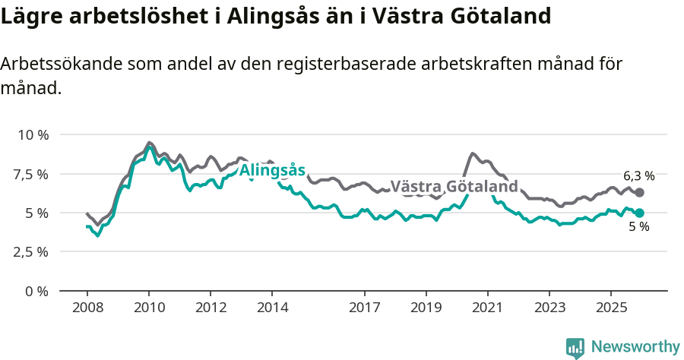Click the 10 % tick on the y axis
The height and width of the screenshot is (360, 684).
click(33, 135)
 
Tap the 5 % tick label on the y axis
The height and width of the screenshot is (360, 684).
click(37, 213)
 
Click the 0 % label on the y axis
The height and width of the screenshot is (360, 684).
click(37, 291)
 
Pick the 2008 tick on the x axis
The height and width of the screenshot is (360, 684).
click(87, 308)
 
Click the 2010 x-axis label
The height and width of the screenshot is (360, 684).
click(149, 308)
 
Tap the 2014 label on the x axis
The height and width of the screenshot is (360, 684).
click(272, 308)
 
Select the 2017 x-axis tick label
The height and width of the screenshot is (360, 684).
click(364, 308)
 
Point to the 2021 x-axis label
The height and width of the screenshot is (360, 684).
click(487, 308)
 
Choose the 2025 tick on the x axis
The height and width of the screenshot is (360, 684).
click(610, 308)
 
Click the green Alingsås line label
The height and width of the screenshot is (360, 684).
click(272, 170)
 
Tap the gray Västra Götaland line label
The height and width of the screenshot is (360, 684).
click(454, 187)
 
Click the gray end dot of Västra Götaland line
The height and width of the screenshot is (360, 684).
click(639, 193)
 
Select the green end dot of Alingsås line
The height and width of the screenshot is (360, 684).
click(639, 213)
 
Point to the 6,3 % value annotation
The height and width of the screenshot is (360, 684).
click(638, 175)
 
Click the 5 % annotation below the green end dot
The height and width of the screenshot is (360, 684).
click(638, 227)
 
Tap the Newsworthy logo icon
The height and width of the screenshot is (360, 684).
click(575, 348)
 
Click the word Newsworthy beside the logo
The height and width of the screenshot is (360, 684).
click(635, 347)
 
